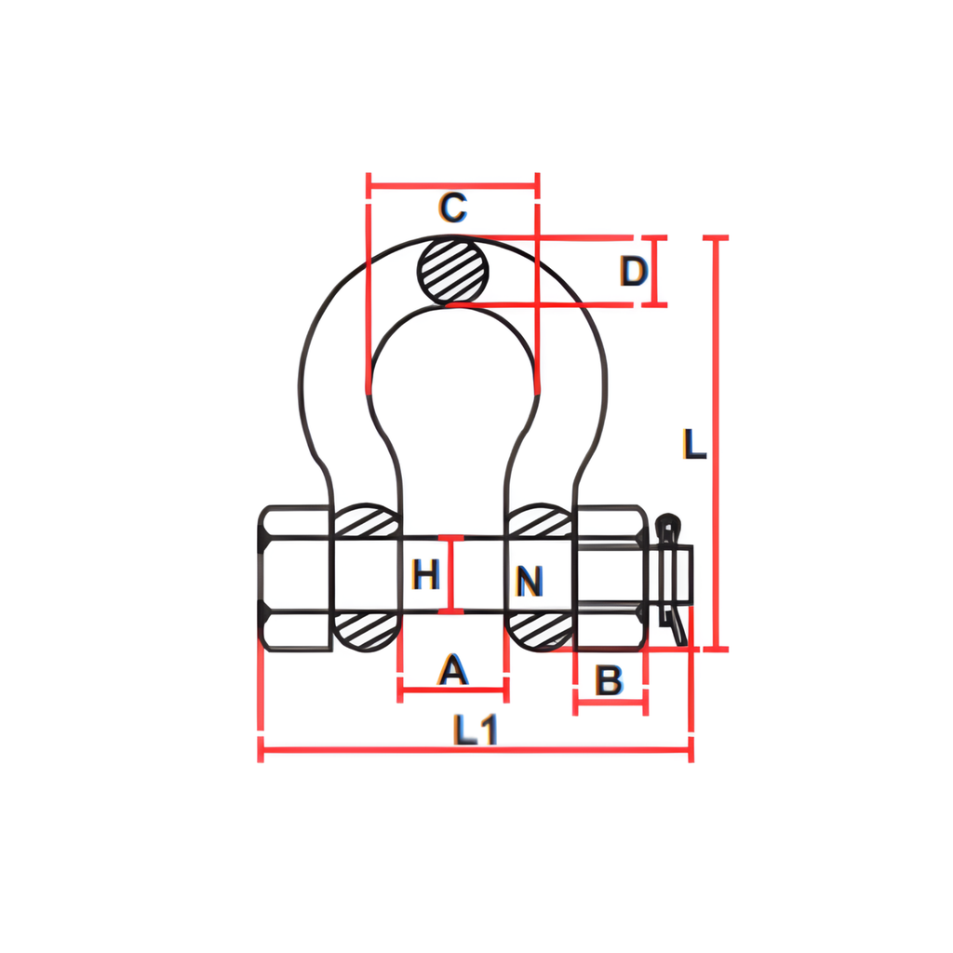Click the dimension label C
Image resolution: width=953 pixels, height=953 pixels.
(x=452, y=208)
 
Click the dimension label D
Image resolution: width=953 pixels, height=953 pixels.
(x=633, y=272)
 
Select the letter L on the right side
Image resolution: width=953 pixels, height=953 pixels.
(x=693, y=445)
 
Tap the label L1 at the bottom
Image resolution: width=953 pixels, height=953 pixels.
(x=476, y=729)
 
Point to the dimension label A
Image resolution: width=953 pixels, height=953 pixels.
(x=452, y=669)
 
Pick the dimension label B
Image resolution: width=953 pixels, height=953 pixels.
(x=609, y=681)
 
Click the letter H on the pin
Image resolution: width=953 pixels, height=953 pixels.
(x=425, y=576)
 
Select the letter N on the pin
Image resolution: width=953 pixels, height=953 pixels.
(x=529, y=583)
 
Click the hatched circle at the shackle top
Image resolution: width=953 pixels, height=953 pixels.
(x=453, y=271)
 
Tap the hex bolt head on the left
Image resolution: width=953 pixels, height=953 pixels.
(x=294, y=577)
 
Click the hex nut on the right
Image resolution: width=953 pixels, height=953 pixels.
(x=610, y=577)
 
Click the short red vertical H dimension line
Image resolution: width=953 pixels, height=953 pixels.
(x=452, y=574)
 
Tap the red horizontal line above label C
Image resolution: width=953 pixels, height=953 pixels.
(x=453, y=185)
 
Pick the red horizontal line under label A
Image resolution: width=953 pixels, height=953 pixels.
(x=452, y=691)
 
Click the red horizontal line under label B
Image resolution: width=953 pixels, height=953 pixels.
(x=611, y=704)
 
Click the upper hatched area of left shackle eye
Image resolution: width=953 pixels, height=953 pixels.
(x=366, y=522)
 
